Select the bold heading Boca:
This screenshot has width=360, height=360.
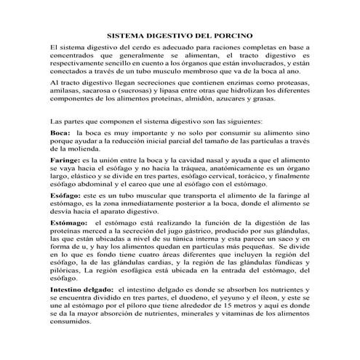coord(61,134)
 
